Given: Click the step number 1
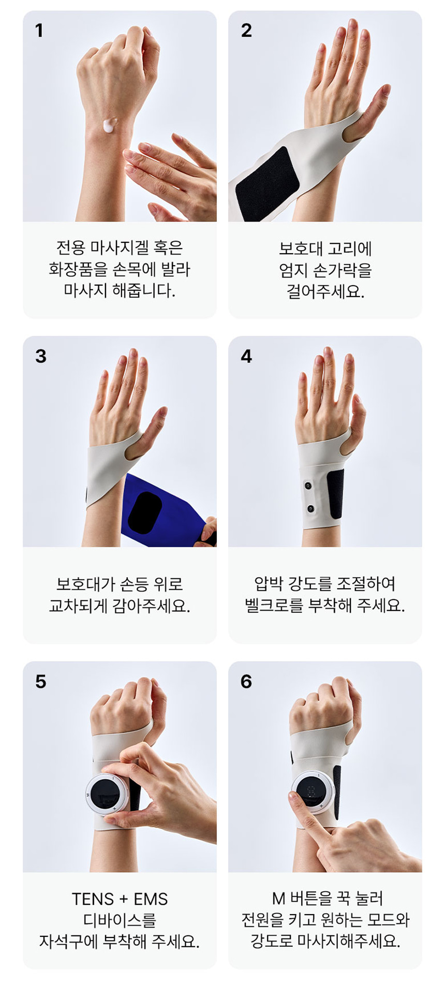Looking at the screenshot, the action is pyautogui.click(x=39, y=31).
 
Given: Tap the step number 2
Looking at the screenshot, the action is pyautogui.click(x=246, y=31).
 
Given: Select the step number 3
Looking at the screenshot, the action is pyautogui.click(x=41, y=356).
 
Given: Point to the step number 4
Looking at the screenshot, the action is pyautogui.click(x=246, y=356).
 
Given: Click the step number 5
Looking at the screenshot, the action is pyautogui.click(x=41, y=681).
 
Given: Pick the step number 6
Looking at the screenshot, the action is pyautogui.click(x=246, y=681).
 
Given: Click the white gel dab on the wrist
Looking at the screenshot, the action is pyautogui.click(x=110, y=125).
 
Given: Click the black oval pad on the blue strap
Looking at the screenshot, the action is pyautogui.click(x=145, y=512).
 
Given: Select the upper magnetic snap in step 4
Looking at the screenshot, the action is pyautogui.click(x=308, y=486).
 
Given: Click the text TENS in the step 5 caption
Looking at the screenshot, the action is pyautogui.click(x=93, y=899).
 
